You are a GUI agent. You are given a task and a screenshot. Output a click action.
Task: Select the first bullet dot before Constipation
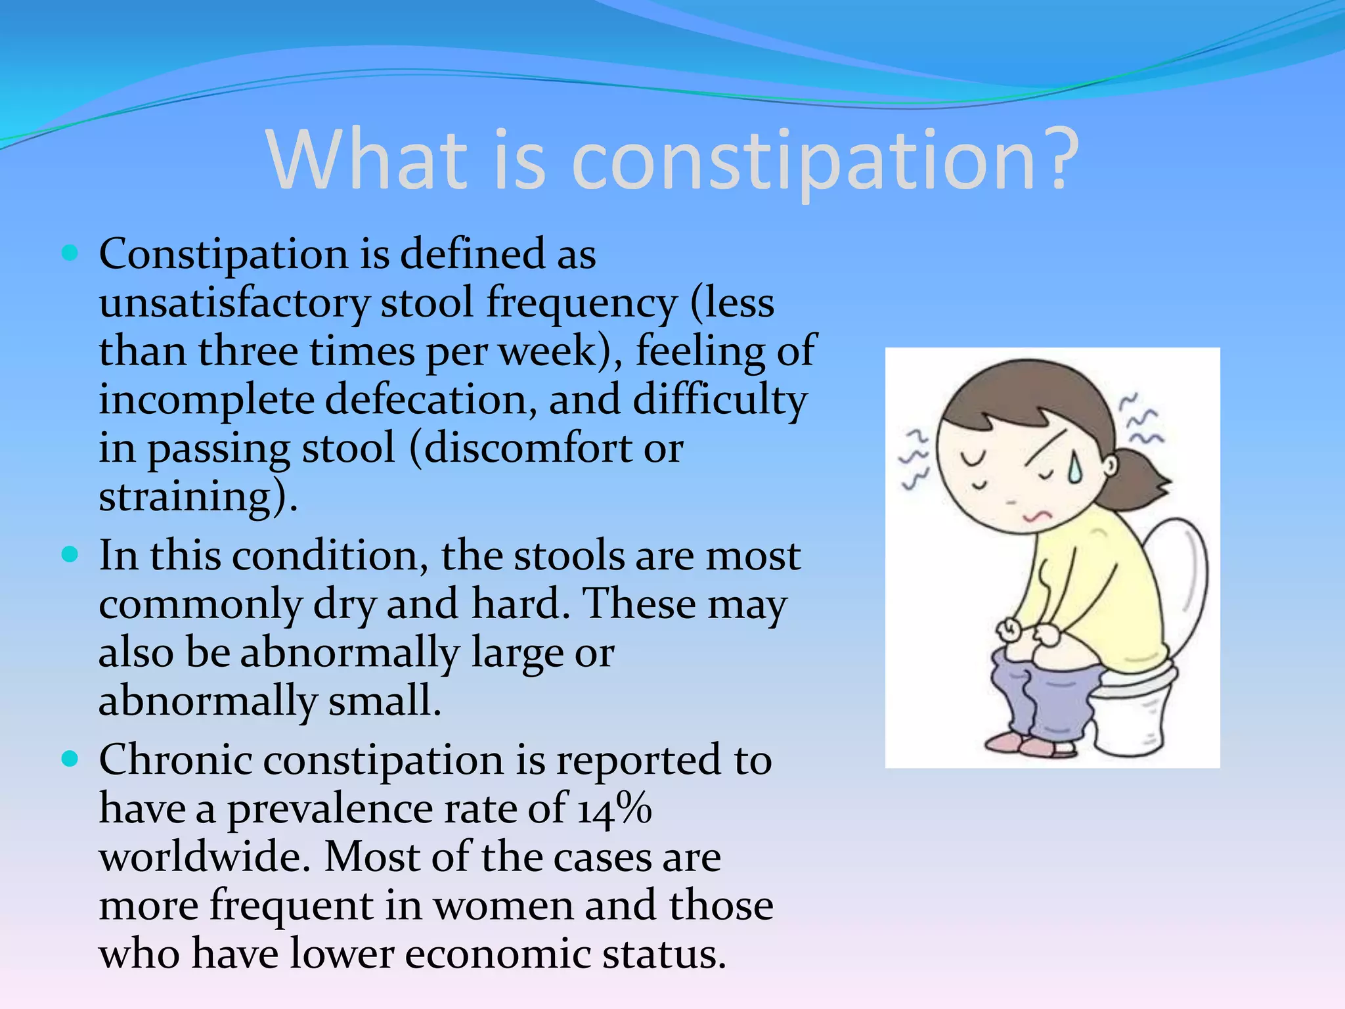(70, 253)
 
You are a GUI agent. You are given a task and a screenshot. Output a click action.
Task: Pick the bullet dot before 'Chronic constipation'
(70, 759)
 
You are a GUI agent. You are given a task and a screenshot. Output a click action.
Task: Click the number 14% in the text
(615, 808)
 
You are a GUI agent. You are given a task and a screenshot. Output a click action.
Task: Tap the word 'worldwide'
(204, 857)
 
